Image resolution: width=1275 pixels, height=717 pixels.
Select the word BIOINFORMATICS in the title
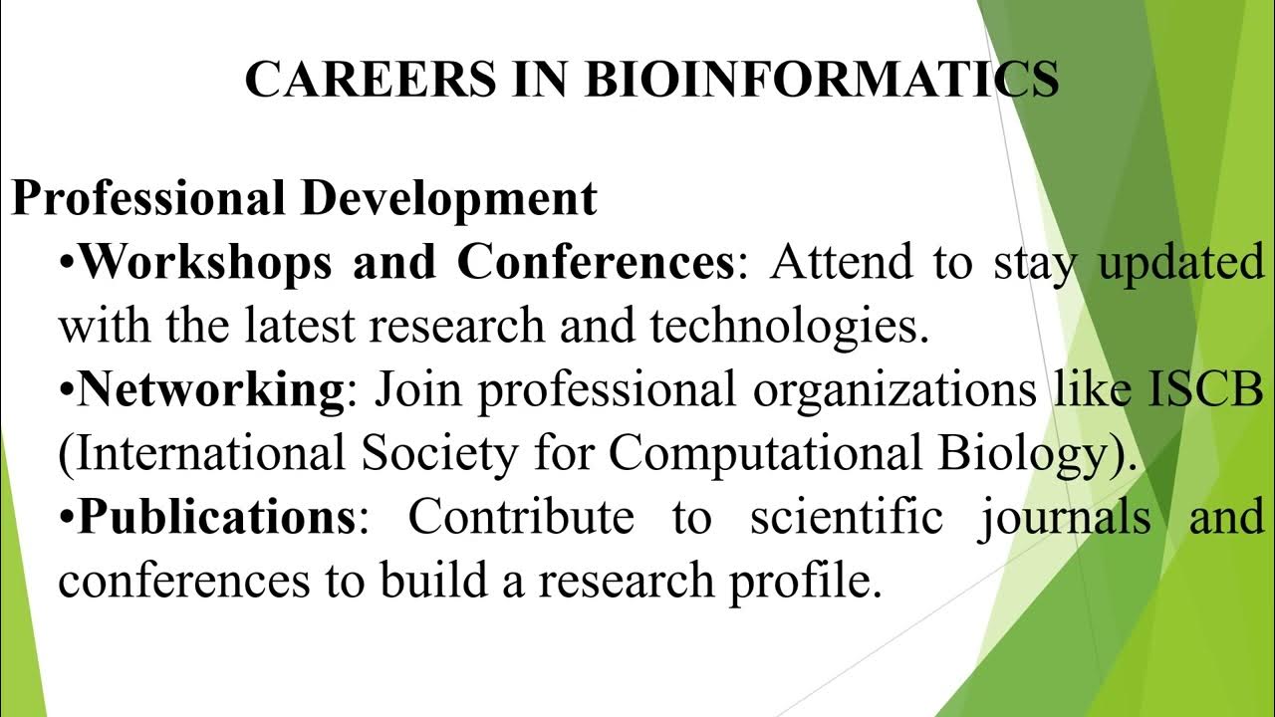(x=823, y=80)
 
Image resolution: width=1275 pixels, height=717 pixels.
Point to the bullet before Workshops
(x=67, y=264)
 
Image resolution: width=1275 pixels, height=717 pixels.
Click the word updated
(x=1179, y=264)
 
